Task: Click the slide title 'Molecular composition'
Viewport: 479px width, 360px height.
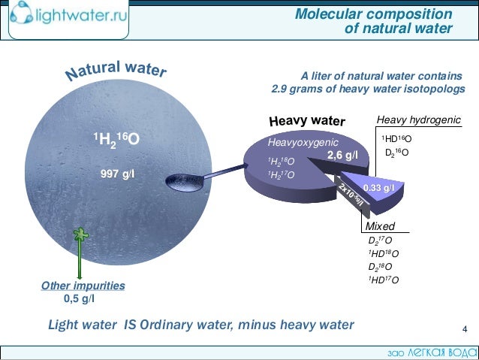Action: click(373, 14)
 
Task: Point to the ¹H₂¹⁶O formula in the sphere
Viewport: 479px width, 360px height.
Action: click(116, 139)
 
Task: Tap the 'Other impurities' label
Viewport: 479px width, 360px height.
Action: click(83, 286)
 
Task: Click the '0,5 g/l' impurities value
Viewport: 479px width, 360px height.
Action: click(80, 298)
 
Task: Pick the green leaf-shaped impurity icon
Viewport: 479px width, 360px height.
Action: click(79, 234)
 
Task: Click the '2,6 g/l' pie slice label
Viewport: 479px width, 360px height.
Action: click(342, 156)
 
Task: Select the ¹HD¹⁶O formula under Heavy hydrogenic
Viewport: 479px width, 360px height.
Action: click(397, 140)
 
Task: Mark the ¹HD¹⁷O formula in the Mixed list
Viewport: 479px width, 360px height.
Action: click(383, 280)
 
